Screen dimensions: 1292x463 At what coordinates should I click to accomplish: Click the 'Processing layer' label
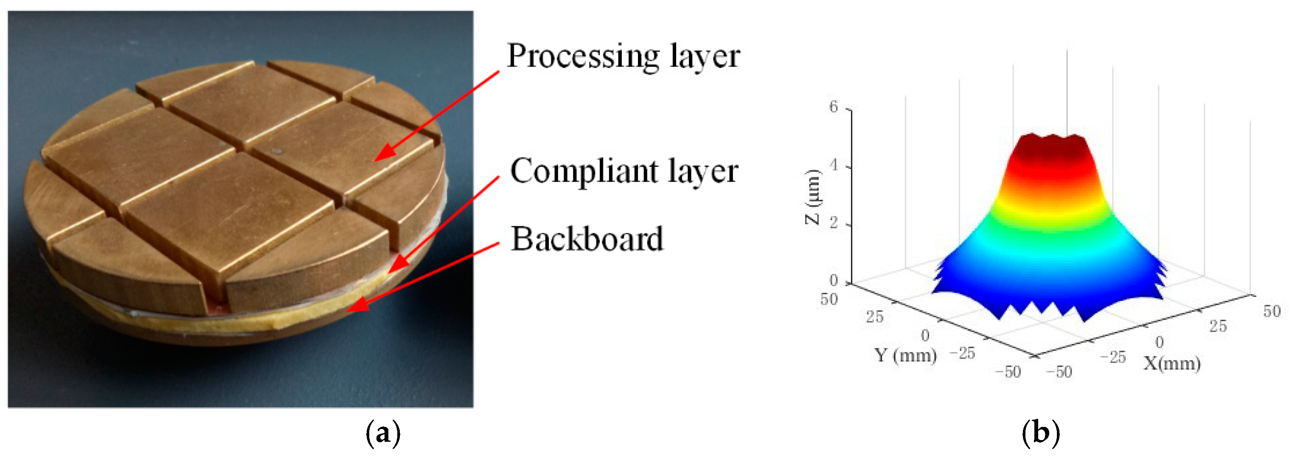(623, 56)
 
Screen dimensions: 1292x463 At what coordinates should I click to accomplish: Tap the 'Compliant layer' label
(624, 171)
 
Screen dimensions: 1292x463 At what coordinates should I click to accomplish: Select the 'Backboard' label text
(587, 239)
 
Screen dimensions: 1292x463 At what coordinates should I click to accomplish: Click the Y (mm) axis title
(905, 355)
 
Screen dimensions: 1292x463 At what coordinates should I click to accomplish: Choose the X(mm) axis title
(1171, 363)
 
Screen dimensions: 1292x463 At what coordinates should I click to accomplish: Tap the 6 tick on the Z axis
(834, 107)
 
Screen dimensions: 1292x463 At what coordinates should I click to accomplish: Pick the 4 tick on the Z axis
(834, 165)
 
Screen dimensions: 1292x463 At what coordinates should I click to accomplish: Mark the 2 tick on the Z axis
(834, 223)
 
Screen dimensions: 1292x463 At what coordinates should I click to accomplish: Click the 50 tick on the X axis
(1272, 311)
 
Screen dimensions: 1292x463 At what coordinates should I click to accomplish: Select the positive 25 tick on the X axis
(1218, 326)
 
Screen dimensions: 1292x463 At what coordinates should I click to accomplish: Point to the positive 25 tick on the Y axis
(875, 317)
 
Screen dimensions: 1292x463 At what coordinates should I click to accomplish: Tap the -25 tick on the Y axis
(962, 354)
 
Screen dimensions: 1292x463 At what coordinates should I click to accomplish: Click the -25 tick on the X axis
(1113, 357)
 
